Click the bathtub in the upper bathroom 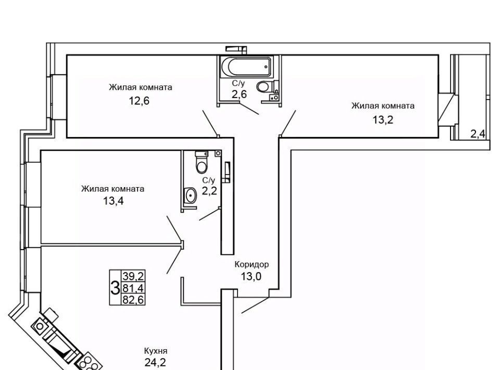pos(246,67)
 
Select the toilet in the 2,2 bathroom pos(202,162)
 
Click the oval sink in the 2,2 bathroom pos(190,195)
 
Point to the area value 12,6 pos(139,101)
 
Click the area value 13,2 pos(383,120)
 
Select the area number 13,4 pos(113,201)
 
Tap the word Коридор pos(252,264)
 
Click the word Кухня pos(156,351)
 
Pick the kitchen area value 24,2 pos(155,363)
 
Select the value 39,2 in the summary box pos(133,276)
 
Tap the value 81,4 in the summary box pos(133,288)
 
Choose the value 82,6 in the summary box pos(133,300)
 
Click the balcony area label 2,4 pos(478,134)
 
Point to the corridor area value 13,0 pos(251,276)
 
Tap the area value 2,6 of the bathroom pos(239,94)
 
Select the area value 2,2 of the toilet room pos(209,191)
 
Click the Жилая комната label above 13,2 pos(383,106)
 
